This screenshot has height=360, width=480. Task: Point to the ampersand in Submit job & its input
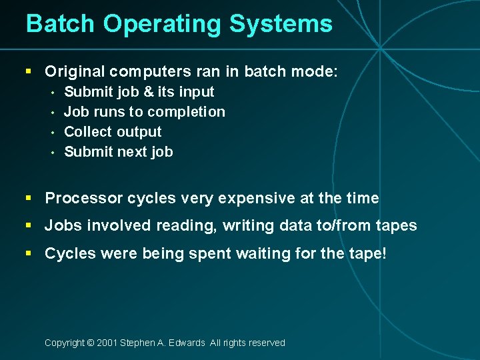147,92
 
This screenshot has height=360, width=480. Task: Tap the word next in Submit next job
133,152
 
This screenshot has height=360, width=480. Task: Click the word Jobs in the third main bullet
59,225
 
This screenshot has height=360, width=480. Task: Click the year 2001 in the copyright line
107,343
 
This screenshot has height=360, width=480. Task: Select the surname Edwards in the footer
187,343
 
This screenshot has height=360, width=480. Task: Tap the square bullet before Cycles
28,253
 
